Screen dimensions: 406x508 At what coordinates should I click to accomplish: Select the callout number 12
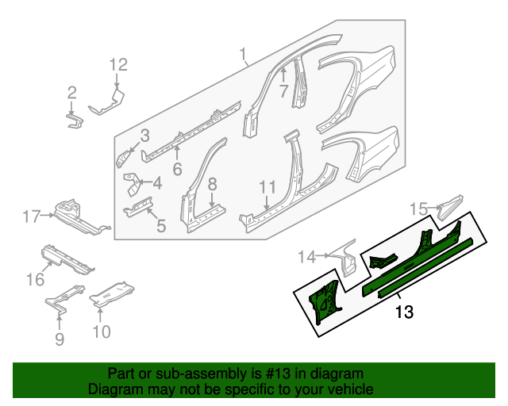117,65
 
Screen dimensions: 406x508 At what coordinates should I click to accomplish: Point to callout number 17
31,216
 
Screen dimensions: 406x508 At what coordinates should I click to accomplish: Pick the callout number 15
418,209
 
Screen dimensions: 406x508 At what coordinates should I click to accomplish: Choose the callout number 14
307,255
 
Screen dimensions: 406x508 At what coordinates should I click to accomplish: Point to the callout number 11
267,187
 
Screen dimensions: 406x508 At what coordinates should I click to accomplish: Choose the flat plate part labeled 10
111,294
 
